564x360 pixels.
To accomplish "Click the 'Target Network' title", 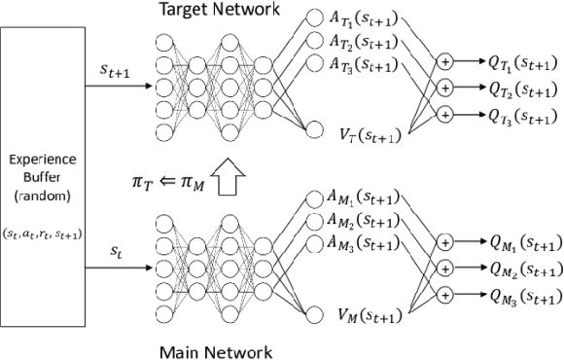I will [224, 10].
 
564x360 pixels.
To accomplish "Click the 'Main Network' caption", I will [225, 350].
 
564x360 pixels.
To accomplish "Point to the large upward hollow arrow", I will [229, 179].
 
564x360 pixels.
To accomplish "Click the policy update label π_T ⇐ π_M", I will [173, 179].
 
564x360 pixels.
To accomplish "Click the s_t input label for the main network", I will [117, 252].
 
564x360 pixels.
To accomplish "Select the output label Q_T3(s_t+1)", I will [516, 116].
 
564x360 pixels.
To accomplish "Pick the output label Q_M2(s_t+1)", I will [516, 269].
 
